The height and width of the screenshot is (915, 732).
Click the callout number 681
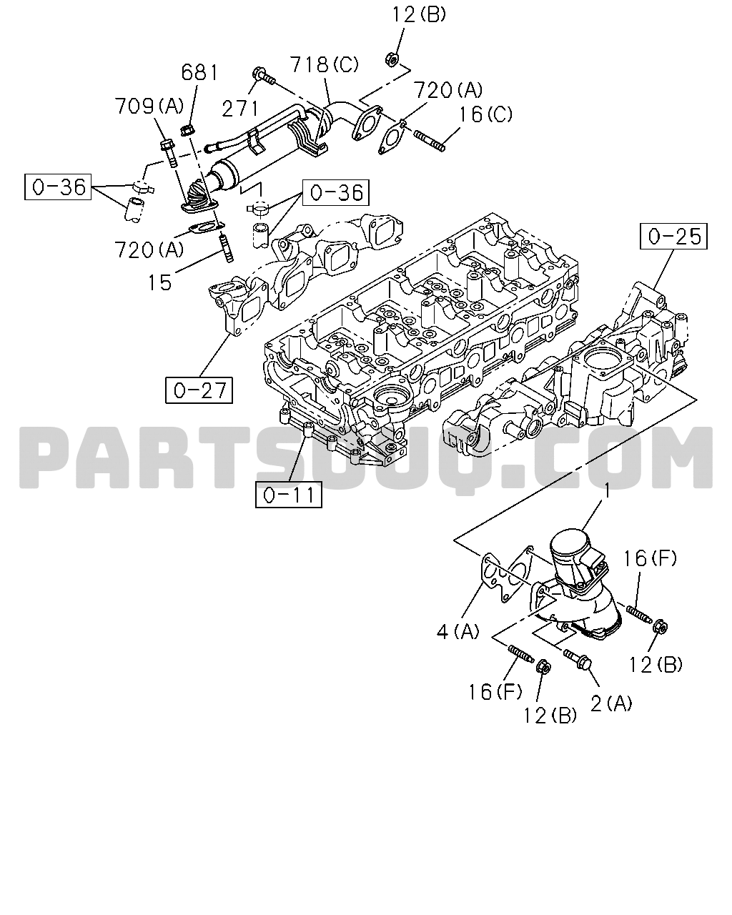click(199, 73)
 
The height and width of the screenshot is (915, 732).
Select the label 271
click(240, 109)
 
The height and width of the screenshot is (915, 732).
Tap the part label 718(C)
click(324, 64)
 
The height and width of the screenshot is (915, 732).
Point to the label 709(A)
click(149, 107)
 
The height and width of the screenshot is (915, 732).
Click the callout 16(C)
click(485, 114)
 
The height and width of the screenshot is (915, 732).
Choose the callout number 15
click(160, 282)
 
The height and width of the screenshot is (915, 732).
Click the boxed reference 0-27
click(199, 390)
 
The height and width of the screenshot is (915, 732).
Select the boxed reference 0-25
click(673, 236)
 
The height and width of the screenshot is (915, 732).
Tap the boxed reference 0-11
click(288, 495)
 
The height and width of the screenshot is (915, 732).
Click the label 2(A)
click(611, 704)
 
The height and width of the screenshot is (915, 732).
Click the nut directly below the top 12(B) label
click(392, 59)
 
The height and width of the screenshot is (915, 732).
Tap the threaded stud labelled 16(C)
click(429, 141)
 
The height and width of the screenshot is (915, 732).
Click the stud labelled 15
click(227, 247)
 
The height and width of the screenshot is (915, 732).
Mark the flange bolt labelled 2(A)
click(577, 661)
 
